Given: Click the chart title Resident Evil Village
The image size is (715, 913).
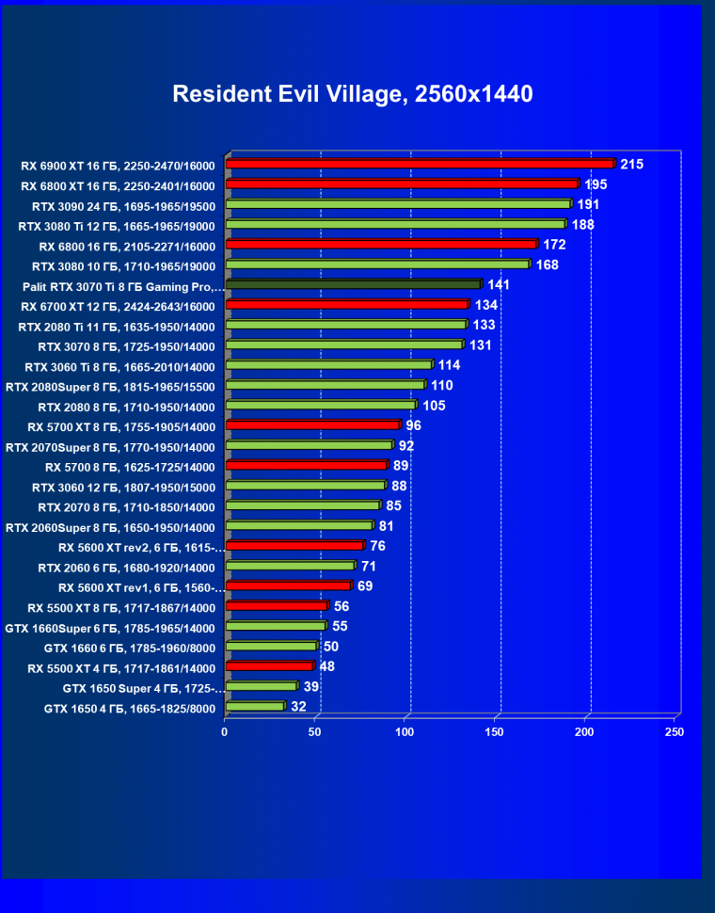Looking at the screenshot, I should (353, 94).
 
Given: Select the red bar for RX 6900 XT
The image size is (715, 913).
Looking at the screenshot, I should (420, 164).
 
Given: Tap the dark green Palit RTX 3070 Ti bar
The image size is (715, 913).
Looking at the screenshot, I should (353, 284).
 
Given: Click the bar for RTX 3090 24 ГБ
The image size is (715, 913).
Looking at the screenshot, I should (398, 203).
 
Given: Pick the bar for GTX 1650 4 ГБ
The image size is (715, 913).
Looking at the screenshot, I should (254, 706).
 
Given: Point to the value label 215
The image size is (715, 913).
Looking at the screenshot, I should (632, 165).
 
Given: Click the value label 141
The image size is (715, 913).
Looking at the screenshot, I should (499, 284).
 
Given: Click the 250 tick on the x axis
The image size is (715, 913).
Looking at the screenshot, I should (674, 731).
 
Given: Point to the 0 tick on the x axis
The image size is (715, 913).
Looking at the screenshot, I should (225, 731).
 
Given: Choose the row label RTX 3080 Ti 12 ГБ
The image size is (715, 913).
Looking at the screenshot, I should (117, 226).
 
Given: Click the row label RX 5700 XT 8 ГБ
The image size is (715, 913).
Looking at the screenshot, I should (121, 426).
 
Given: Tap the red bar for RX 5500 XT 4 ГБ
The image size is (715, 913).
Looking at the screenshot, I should (269, 666).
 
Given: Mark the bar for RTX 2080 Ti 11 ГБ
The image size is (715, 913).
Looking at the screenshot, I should (345, 325).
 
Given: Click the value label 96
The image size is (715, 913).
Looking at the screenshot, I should (414, 425).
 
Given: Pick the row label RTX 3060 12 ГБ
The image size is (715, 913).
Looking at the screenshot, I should (123, 488).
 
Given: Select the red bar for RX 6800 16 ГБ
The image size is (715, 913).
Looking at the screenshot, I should (381, 245).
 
